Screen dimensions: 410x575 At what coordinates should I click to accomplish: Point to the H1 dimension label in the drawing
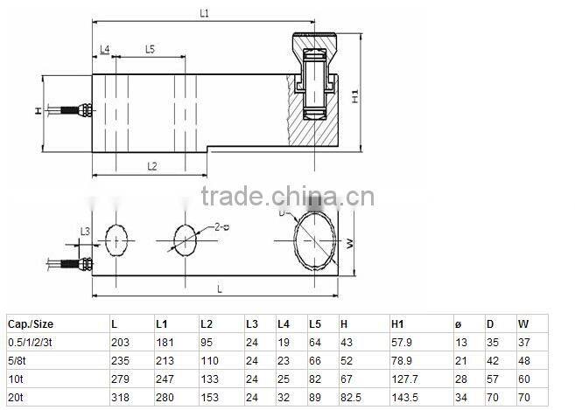click(x=355, y=96)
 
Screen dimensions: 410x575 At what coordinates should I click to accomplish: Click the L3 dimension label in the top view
click(x=84, y=231)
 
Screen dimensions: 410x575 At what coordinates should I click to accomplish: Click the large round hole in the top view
click(x=313, y=240)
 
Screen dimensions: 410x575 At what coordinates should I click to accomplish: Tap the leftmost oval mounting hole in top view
click(x=116, y=240)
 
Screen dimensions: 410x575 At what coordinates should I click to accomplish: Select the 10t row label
click(x=15, y=378)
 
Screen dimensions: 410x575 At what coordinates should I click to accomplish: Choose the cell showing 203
click(x=120, y=341)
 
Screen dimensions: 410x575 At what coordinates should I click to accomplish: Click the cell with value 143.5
click(x=404, y=396)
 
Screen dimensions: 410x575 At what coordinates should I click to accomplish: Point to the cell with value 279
click(x=120, y=378)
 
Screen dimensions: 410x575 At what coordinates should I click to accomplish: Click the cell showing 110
click(x=209, y=359)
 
